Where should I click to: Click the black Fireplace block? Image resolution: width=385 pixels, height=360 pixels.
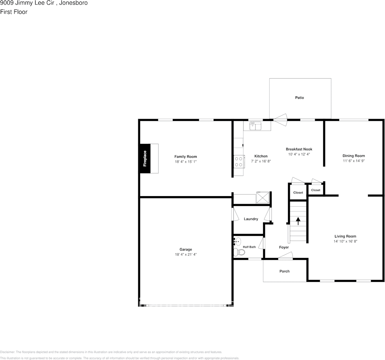(x=145, y=159)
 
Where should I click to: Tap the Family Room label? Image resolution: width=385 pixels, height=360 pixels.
(x=186, y=157)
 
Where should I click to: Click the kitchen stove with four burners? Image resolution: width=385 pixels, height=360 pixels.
(x=239, y=162)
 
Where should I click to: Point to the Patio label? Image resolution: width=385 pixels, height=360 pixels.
(x=299, y=98)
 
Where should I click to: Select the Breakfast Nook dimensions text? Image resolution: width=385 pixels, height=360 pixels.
(x=299, y=154)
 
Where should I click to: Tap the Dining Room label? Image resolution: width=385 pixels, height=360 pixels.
(x=354, y=156)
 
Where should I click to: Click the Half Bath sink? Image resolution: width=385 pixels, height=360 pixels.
(x=237, y=241)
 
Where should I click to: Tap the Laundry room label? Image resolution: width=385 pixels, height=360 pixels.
(x=251, y=219)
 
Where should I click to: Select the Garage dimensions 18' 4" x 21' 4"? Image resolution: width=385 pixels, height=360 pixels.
(x=186, y=255)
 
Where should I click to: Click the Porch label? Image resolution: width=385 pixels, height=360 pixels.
(x=285, y=271)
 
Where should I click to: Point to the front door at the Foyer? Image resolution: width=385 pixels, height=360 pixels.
(x=285, y=258)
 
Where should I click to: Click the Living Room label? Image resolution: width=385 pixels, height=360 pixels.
(x=345, y=236)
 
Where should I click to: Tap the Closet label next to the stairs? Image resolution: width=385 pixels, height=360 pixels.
(x=298, y=193)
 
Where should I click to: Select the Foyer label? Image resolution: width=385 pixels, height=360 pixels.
(x=284, y=247)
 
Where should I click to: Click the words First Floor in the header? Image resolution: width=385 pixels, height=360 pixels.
(x=14, y=12)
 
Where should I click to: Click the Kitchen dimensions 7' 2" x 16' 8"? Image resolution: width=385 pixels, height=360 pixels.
(x=261, y=161)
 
